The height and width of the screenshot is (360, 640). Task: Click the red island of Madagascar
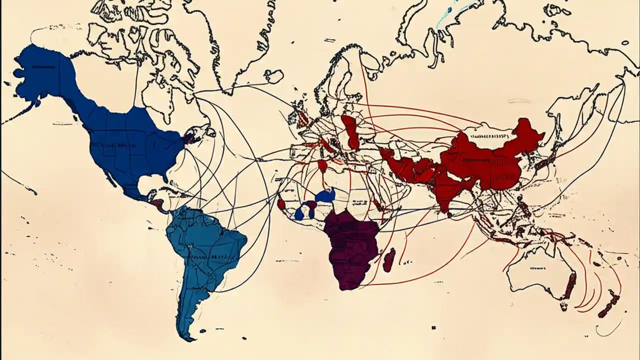[x=389, y=259]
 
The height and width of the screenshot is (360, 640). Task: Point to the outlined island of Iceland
[x=274, y=76]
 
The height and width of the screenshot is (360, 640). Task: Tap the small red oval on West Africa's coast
[x=281, y=204]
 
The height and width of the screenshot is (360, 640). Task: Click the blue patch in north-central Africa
[x=325, y=195]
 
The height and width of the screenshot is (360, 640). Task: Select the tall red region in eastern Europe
[x=350, y=131]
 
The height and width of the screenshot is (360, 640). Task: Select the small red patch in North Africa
[x=323, y=165]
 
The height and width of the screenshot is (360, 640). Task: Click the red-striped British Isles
[x=303, y=117]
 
